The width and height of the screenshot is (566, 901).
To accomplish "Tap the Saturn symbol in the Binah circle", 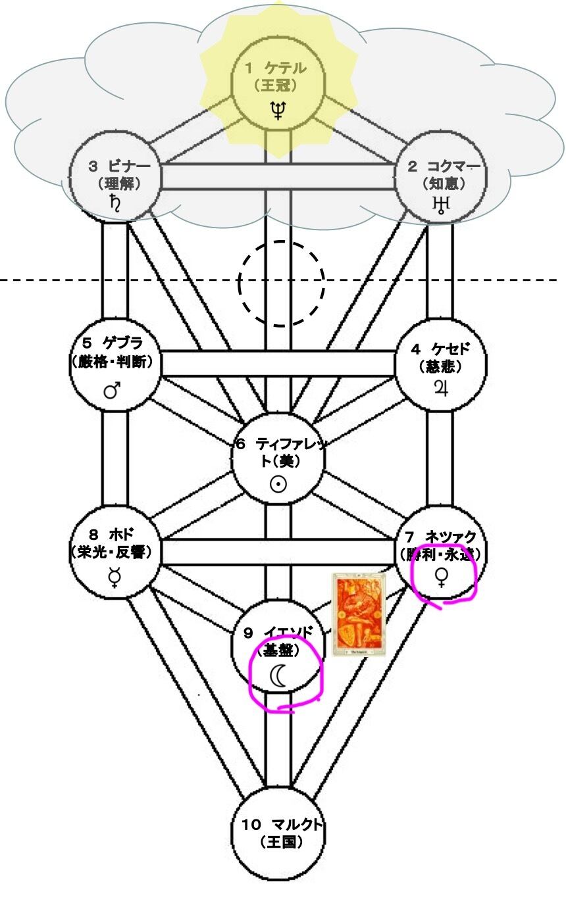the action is pyautogui.click(x=115, y=207).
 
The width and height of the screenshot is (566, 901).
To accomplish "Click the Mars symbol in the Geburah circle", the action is pyautogui.click(x=113, y=391).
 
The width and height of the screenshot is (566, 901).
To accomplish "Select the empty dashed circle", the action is pyautogui.click(x=281, y=283).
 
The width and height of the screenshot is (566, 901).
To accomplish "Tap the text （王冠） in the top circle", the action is pyautogui.click(x=276, y=85).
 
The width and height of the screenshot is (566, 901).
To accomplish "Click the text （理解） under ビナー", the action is pyautogui.click(x=115, y=184).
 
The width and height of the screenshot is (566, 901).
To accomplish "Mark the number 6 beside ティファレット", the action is pyautogui.click(x=242, y=443).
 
